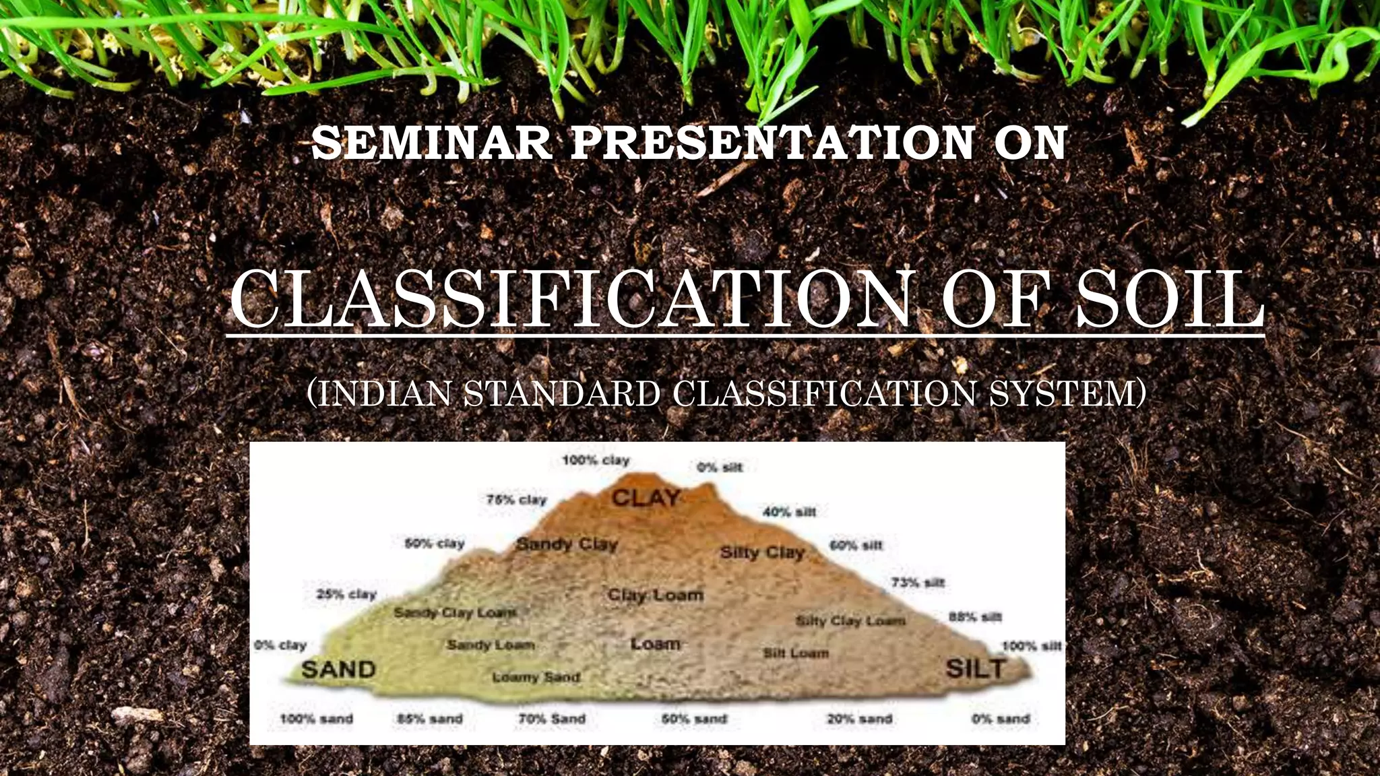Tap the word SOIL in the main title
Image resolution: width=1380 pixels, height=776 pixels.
pos(1168,300)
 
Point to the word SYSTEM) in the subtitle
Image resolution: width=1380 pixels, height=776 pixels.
pos(1067,394)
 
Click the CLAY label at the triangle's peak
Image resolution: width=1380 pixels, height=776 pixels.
pos(646,498)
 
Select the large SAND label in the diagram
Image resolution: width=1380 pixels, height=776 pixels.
pos(338,670)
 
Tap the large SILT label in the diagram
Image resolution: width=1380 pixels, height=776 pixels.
pos(975,669)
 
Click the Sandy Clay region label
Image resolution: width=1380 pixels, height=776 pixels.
pos(566,544)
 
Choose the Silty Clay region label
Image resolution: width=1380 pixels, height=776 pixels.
pos(762,553)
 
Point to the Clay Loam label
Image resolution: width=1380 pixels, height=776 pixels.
pos(655,595)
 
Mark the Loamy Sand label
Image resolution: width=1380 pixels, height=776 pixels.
pos(536,677)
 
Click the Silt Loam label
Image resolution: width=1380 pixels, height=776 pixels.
pos(796,653)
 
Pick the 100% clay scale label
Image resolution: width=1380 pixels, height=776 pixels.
pos(596,461)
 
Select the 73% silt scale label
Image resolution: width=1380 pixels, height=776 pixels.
pos(918,583)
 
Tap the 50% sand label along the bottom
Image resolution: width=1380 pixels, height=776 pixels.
pos(694,719)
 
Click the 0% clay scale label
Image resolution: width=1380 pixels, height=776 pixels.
pos(280,645)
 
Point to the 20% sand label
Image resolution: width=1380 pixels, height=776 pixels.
pos(859,719)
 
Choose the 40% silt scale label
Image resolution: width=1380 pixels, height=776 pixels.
pos(789,513)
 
